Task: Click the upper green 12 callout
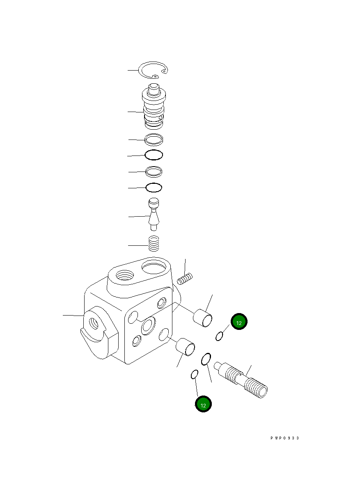click(239, 323)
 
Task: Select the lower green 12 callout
click(203, 404)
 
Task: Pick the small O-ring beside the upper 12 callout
click(220, 336)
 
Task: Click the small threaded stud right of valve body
click(185, 280)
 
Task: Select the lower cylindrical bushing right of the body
click(185, 347)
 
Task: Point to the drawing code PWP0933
click(284, 438)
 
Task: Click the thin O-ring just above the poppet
click(154, 188)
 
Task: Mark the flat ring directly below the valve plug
click(154, 140)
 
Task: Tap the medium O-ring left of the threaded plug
click(206, 359)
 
